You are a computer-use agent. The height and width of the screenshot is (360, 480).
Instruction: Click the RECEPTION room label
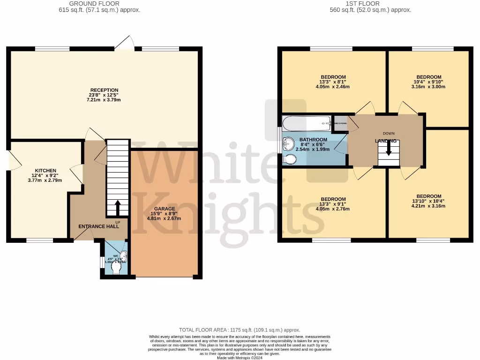105,90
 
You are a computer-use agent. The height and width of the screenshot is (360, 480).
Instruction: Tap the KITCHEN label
45,171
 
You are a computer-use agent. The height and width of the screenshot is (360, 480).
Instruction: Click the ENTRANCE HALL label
98,226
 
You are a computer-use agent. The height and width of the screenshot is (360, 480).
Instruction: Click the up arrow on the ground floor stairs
117,207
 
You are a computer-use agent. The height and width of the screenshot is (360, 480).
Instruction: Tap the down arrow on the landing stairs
389,149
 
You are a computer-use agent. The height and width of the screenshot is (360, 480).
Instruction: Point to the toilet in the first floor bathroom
290,160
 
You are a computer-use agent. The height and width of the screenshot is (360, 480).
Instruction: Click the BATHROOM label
313,140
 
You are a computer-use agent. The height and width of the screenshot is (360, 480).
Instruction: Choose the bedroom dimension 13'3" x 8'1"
333,82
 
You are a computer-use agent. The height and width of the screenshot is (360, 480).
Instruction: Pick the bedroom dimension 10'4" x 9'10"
428,82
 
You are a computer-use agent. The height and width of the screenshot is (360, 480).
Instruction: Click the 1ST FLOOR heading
370,4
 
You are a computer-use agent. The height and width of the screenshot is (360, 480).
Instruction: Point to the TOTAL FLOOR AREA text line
240,330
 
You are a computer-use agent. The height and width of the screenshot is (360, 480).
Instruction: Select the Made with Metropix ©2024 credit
240,358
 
